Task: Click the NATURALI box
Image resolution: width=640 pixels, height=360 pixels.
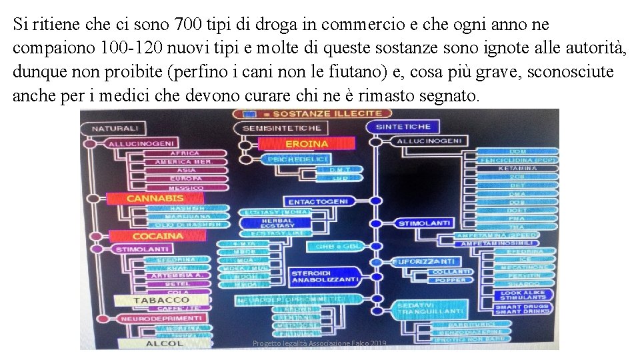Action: pyautogui.click(x=115, y=128)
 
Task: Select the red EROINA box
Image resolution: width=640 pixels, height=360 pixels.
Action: pyautogui.click(x=297, y=143)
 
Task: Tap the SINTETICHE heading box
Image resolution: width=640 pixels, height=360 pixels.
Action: pyautogui.click(x=403, y=127)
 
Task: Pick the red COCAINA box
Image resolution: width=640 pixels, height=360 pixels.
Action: pyautogui.click(x=157, y=236)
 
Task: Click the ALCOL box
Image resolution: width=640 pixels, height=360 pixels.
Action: pyautogui.click(x=164, y=343)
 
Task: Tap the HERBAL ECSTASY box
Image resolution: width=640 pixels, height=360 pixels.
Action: pyautogui.click(x=277, y=223)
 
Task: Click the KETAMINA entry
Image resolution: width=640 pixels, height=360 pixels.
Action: pyautogui.click(x=517, y=168)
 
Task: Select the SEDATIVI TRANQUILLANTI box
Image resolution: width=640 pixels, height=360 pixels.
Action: pyautogui.click(x=430, y=309)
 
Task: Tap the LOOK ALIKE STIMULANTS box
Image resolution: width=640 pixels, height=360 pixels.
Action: pyautogui.click(x=523, y=295)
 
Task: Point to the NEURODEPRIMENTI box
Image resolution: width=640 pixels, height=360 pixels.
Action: pyautogui.click(x=161, y=319)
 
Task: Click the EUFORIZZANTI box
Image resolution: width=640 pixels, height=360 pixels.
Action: pyautogui.click(x=427, y=261)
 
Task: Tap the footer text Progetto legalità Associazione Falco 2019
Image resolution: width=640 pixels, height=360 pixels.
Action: pyautogui.click(x=319, y=343)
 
